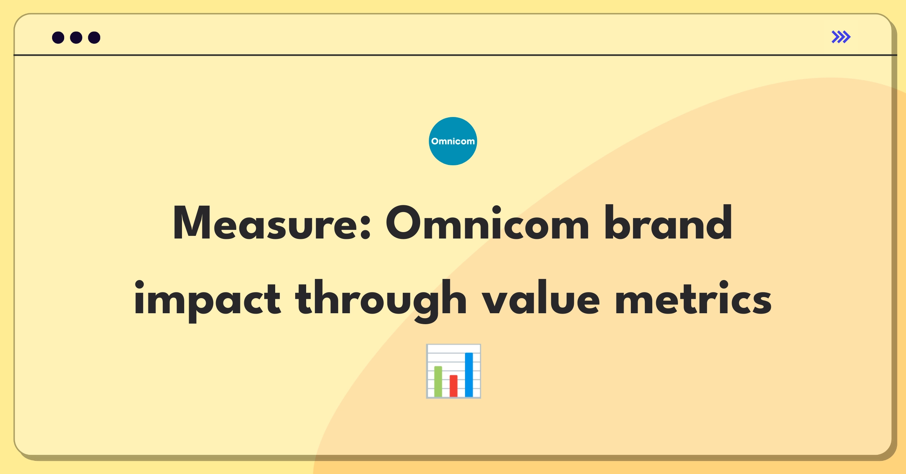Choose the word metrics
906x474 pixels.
pos(693,298)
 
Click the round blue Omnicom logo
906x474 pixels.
pos(453,141)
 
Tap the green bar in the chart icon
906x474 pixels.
pos(438,381)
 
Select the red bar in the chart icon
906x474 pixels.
pos(453,386)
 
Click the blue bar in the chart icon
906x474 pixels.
pos(469,374)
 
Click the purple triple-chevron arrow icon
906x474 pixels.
pos(841,37)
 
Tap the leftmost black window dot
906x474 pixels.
pos(58,37)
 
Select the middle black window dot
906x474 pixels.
pos(76,37)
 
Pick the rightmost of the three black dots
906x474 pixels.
pos(94,37)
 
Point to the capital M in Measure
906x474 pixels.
pos(191,223)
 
